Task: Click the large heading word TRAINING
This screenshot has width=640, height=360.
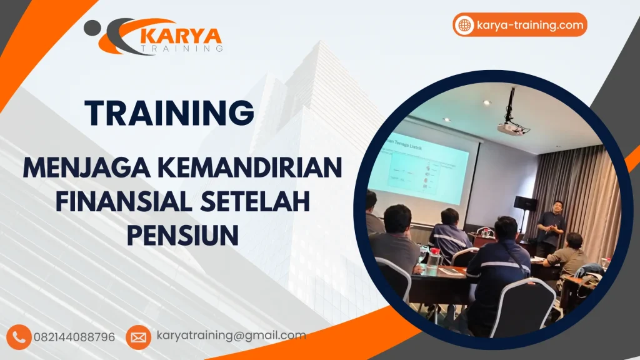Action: [x=170, y=113]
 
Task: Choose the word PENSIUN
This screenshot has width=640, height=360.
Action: [x=182, y=236]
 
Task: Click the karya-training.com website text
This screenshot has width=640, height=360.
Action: [x=529, y=25]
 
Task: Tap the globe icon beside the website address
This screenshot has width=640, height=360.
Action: [x=464, y=25]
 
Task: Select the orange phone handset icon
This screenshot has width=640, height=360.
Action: [x=20, y=337]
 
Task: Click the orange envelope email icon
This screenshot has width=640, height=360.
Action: [x=138, y=337]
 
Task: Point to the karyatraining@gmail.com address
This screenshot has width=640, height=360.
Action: [x=231, y=336]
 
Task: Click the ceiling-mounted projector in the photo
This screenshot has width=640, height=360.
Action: [x=512, y=127]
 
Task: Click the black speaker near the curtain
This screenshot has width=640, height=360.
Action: [x=525, y=203]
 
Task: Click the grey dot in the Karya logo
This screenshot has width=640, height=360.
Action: [x=91, y=26]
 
